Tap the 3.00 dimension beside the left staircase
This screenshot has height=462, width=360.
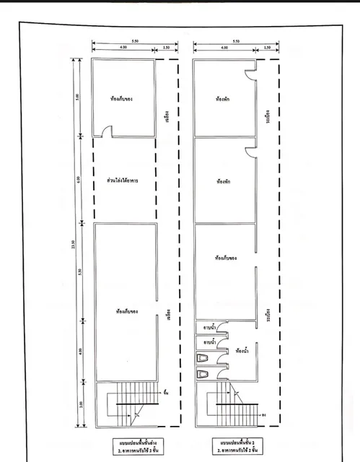80,403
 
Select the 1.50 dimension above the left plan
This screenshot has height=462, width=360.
167,48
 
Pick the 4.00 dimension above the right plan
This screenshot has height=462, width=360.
220,48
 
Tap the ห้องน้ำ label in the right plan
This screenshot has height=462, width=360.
243,352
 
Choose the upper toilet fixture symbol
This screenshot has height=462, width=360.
202,358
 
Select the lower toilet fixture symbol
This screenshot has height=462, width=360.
203,375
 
